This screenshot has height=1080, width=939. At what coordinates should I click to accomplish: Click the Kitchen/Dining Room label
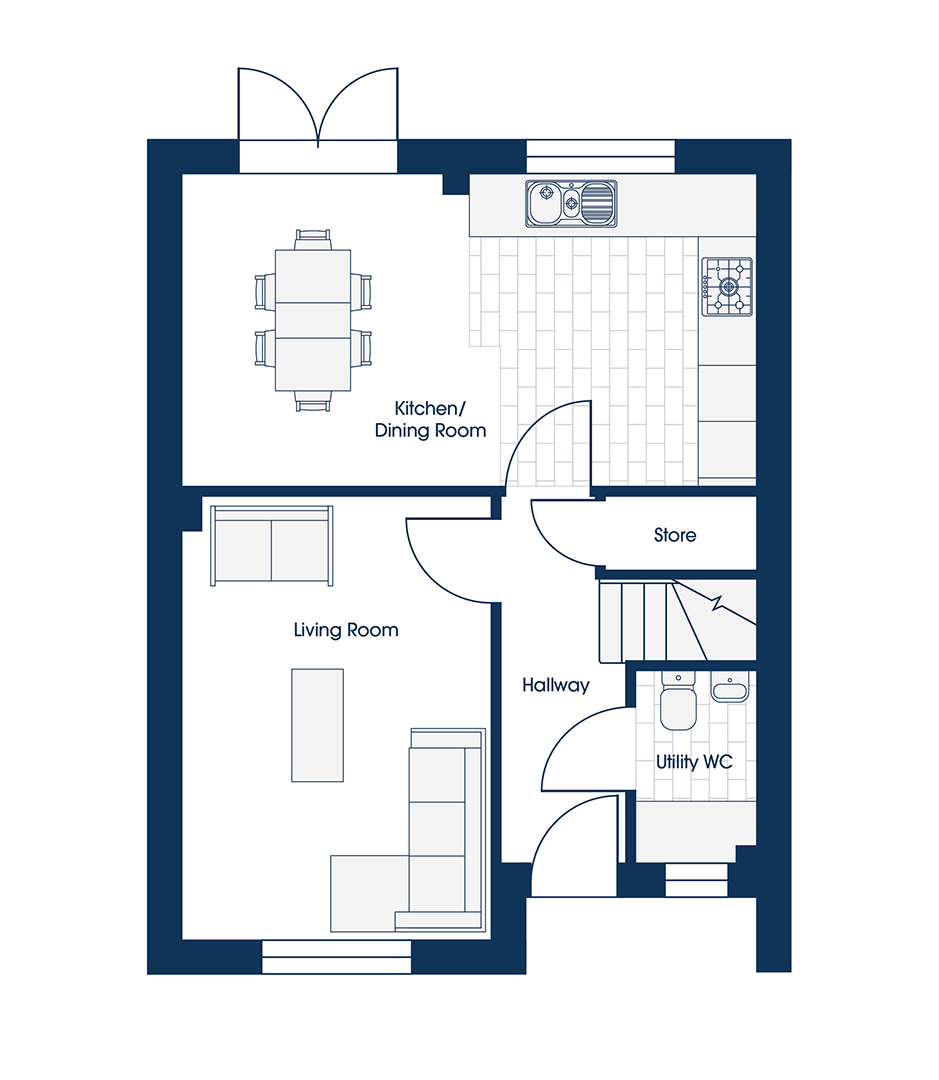(x=431, y=419)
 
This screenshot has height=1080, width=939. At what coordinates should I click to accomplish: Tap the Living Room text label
(x=346, y=630)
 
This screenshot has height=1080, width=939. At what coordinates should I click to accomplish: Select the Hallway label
(x=556, y=685)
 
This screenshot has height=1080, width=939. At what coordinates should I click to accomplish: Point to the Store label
(x=675, y=535)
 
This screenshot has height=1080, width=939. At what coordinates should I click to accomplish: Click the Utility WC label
(x=694, y=762)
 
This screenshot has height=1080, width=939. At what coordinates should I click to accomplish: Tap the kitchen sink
(x=571, y=204)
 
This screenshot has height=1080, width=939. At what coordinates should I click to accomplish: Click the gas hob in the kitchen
(x=728, y=287)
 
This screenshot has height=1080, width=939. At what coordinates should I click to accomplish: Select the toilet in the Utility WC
(x=679, y=701)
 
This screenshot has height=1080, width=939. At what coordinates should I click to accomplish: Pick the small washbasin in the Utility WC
(x=730, y=689)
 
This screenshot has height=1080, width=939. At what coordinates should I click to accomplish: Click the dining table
(x=313, y=320)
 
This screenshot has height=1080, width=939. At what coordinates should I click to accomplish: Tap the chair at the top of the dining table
(x=313, y=239)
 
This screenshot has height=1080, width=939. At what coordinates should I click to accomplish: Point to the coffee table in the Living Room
(x=318, y=725)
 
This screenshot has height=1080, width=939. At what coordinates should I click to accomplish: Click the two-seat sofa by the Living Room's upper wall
(x=271, y=546)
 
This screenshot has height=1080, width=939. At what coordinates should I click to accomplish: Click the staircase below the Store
(x=677, y=621)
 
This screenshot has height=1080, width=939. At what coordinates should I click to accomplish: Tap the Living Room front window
(x=336, y=957)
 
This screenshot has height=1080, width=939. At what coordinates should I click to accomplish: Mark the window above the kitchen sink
(x=601, y=156)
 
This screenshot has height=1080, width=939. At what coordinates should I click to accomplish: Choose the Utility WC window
(x=696, y=880)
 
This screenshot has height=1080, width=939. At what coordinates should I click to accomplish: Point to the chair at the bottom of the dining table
(x=313, y=402)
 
